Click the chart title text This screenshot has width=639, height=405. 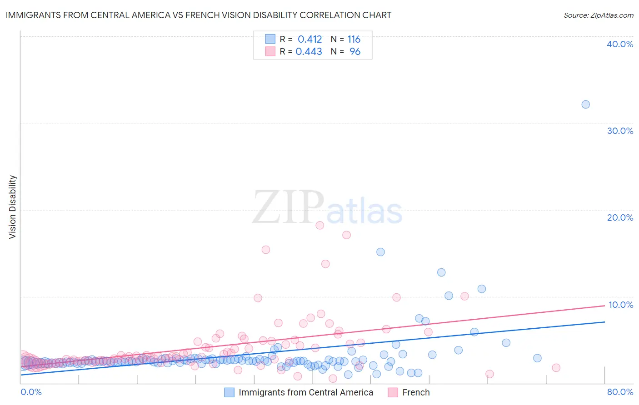coord(198,15)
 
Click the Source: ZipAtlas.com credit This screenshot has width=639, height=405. coord(598,15)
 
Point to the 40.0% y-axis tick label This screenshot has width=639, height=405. coord(619,44)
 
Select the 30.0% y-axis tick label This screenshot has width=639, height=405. coord(619,131)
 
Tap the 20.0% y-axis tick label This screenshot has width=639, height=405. coord(619,217)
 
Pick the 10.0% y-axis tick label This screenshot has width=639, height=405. coord(620,305)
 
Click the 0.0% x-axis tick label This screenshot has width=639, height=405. coord(31,392)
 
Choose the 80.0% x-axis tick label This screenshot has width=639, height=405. coord(619,392)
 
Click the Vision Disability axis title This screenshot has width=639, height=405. coord(13,207)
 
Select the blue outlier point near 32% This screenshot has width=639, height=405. coord(585,104)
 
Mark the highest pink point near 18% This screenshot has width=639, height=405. coord(319,225)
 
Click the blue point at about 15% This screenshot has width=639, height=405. coord(380,252)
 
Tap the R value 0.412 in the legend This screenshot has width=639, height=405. coord(310,40)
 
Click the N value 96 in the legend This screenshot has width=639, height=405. coord(354,52)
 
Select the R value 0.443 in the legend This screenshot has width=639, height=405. coord(309,52)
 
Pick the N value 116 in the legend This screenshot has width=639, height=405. coord(354,40)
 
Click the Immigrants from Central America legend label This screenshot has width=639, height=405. coord(305,393)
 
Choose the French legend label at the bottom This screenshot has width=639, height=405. coord(415,393)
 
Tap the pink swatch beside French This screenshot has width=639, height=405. coord(393,393)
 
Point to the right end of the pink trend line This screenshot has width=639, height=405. coord(604,306)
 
